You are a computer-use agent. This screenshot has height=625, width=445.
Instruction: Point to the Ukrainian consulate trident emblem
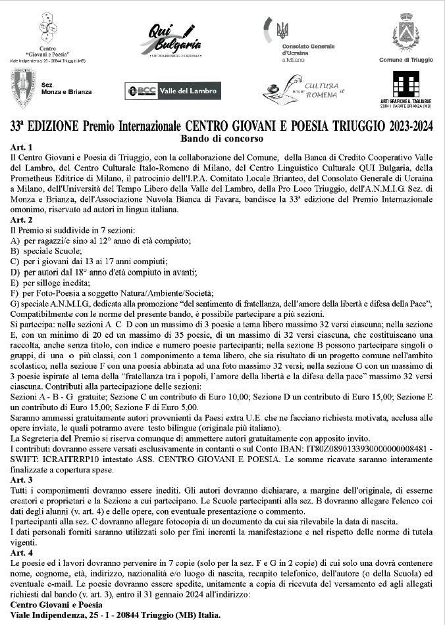282,29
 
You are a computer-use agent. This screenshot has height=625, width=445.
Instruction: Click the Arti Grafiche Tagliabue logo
406,86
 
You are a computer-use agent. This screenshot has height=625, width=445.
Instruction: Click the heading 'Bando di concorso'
221,139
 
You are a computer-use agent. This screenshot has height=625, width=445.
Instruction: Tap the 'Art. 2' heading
21,220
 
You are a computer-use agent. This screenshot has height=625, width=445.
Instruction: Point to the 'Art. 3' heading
21,480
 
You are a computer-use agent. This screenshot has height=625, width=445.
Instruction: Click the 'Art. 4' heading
21,553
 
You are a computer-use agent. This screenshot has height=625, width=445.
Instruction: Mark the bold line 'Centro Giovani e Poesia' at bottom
57,605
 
